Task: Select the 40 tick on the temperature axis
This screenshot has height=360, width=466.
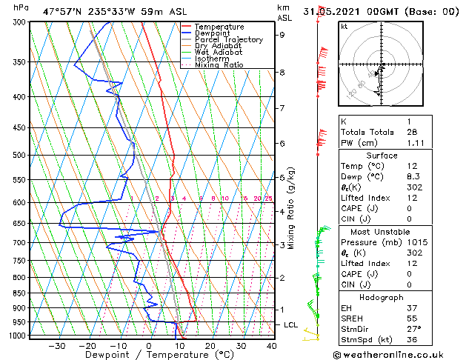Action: (272, 345)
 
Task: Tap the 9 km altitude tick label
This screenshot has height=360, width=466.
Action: (282, 34)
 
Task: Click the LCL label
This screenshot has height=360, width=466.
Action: (291, 324)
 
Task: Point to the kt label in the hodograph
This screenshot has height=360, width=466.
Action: (344, 26)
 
